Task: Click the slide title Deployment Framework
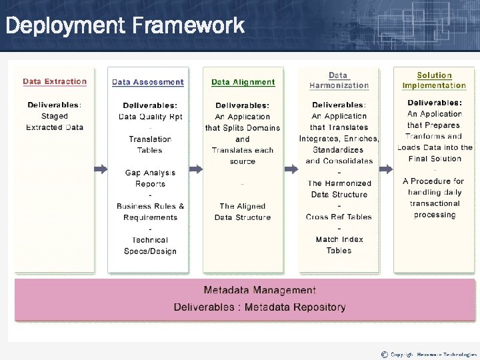[125, 26]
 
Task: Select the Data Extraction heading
[55, 82]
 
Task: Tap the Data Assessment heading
[147, 82]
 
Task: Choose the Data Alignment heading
[243, 83]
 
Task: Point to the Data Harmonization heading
[339, 81]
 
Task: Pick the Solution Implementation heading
[434, 81]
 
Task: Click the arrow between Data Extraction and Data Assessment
[100, 169]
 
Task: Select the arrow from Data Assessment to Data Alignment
[195, 169]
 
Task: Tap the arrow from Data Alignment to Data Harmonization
[290, 169]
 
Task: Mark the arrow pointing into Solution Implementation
[386, 169]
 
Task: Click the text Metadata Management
[259, 290]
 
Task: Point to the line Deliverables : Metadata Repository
[259, 307]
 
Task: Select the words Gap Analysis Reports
[150, 178]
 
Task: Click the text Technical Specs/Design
[150, 245]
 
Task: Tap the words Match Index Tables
[339, 245]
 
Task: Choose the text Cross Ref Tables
[339, 217]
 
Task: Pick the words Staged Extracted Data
[55, 121]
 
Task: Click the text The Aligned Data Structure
[243, 211]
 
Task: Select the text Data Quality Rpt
[150, 117]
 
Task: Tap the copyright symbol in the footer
[384, 354]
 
